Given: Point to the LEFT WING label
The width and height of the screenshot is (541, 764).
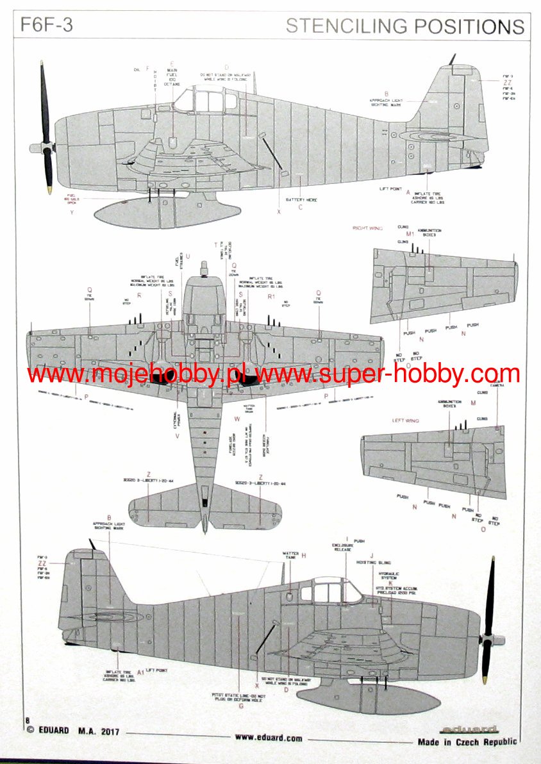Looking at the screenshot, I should (406, 421).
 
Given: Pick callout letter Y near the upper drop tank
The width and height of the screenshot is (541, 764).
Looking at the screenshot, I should (72, 212).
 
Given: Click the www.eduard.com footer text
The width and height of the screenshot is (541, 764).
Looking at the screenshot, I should (269, 737).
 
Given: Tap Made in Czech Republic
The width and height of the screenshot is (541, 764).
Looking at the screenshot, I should (467, 742).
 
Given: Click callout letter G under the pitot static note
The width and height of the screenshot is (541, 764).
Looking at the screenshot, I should (240, 706).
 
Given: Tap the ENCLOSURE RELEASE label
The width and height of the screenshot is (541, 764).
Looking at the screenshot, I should (346, 547).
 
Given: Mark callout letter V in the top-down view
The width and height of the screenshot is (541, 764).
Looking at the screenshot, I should (177, 436).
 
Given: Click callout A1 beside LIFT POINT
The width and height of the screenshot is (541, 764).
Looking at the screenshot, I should (140, 672).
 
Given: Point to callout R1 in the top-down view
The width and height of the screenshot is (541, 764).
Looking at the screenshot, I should (270, 296).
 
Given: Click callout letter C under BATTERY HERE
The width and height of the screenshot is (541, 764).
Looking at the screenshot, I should (300, 208).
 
